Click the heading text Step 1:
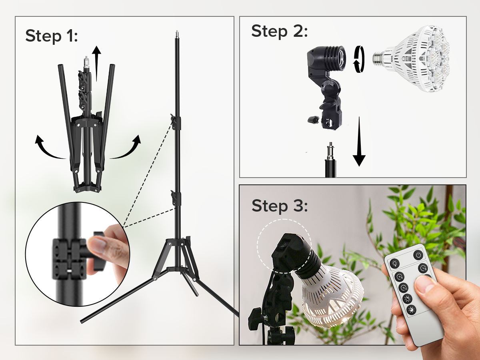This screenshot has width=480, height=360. click(x=52, y=36)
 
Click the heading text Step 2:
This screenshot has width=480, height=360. click(x=280, y=31)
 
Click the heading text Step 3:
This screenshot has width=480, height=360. click(x=280, y=206)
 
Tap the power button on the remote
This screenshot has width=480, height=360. click(x=418, y=255)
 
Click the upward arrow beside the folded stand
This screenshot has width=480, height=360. click(x=96, y=63)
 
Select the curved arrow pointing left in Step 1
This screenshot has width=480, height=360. click(x=50, y=148)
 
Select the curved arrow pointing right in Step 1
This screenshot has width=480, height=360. click(x=125, y=148)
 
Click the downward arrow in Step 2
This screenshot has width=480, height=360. click(x=359, y=142)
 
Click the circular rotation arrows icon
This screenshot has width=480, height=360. click(x=359, y=59)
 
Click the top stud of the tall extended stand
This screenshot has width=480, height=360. click(x=177, y=34)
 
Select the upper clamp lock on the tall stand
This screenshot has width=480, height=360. click(x=176, y=122)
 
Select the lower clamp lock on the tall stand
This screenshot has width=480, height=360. click(x=176, y=198)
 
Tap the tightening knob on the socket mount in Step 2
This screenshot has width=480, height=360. click(x=312, y=120)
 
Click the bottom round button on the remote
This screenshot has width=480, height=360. click(x=412, y=310)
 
